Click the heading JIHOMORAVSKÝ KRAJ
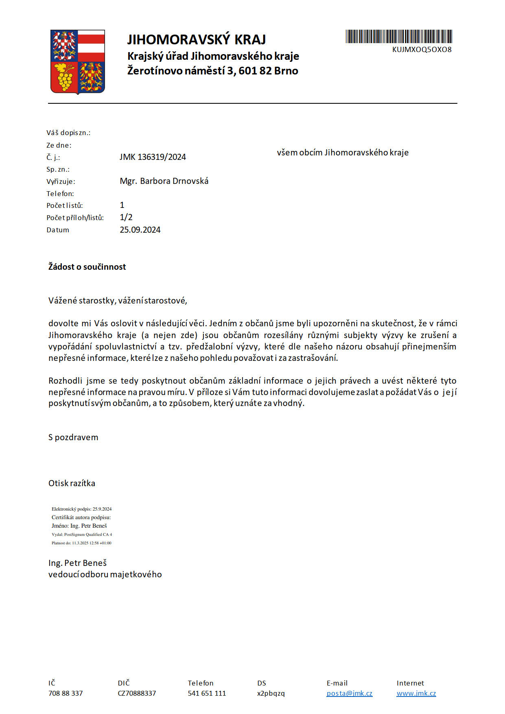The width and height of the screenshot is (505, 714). tap(197, 39)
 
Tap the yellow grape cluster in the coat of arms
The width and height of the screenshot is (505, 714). tap(65, 77)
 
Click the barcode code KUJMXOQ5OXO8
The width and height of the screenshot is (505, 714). tap(422, 50)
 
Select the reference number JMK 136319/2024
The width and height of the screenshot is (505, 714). tap(153, 157)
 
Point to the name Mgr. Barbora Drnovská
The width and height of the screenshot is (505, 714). tap(164, 181)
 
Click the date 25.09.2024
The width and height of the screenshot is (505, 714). tap(140, 230)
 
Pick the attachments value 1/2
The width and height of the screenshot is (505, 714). tap(126, 217)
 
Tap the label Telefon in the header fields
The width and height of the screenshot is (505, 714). tap(60, 194)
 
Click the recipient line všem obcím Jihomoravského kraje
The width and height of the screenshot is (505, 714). tap(343, 153)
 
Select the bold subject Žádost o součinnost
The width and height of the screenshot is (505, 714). tap(87, 267)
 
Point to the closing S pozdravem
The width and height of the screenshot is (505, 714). tap(73, 437)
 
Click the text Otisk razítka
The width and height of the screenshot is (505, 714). tap(72, 483)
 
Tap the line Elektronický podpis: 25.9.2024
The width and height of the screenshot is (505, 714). tap(81, 509)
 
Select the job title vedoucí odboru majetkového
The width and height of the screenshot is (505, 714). tap(105, 574)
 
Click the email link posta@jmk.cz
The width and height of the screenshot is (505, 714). tap(349, 693)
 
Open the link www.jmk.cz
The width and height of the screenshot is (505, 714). tap(416, 693)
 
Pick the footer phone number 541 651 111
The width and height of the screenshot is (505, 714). tap(207, 693)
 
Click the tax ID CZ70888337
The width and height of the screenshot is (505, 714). tap(137, 693)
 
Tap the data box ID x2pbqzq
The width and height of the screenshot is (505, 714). tap(271, 693)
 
